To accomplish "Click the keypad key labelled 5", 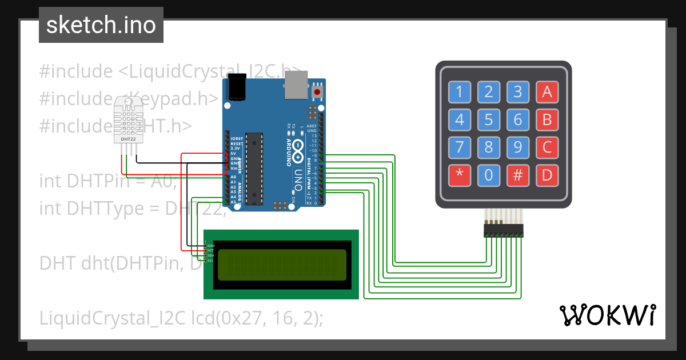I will coord(488,120).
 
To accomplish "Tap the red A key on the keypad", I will coord(547,91).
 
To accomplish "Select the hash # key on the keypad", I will coord(517,175).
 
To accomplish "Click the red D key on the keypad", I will coord(547,175).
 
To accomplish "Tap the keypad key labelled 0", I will coord(488,175).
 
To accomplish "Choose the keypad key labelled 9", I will coord(517,148).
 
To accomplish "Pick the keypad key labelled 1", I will coord(459,91).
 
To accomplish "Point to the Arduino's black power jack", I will coord(236,89).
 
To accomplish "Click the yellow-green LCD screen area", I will coord(282,265).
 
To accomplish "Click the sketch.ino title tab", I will coord(101,25).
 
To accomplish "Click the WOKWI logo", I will coord(608,315).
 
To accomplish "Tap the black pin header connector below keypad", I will coord(503,230).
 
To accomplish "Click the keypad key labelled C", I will coord(547,148).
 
